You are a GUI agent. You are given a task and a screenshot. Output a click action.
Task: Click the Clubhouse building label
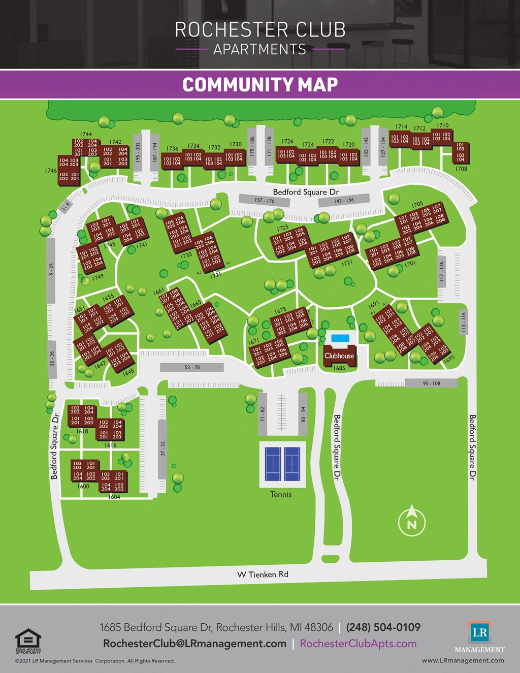(x=339, y=356)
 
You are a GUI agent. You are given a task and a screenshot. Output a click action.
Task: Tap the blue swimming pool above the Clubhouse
(x=340, y=338)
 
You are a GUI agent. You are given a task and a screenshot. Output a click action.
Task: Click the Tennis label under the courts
(x=281, y=495)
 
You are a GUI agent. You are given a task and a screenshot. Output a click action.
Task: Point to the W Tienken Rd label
(x=263, y=574)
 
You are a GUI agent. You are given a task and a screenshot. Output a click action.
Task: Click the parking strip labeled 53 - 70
(x=192, y=367)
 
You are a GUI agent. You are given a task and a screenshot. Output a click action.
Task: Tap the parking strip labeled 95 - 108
(x=431, y=383)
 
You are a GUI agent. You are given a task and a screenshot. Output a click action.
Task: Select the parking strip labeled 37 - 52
(x=162, y=449)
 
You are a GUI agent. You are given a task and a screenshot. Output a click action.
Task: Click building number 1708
(x=461, y=169)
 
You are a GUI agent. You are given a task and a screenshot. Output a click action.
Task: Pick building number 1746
(x=51, y=171)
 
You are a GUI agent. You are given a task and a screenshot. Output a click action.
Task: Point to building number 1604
(x=114, y=497)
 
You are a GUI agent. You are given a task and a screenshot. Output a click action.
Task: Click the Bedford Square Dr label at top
(x=306, y=192)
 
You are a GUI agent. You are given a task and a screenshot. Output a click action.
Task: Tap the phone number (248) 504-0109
(x=383, y=627)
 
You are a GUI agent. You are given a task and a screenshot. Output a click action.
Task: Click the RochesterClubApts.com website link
(x=358, y=644)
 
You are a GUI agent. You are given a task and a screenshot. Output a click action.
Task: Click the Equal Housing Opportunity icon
(x=28, y=641)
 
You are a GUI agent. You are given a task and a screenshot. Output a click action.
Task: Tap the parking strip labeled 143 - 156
(x=344, y=201)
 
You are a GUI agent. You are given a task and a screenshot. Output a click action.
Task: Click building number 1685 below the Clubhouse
(x=339, y=368)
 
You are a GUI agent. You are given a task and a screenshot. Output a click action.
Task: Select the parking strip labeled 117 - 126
(x=442, y=272)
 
